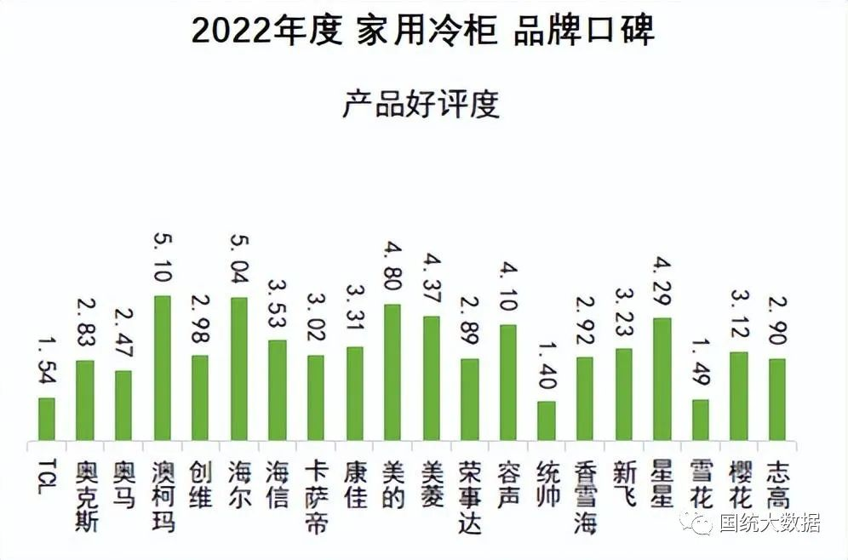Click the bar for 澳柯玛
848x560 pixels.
click(162, 368)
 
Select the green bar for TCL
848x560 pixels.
click(46, 419)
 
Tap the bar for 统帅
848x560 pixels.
click(546, 420)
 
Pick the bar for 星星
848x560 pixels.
click(662, 379)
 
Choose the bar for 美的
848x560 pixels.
click(392, 372)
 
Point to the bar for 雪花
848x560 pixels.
click(700, 420)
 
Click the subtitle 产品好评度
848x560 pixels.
click(421, 105)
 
